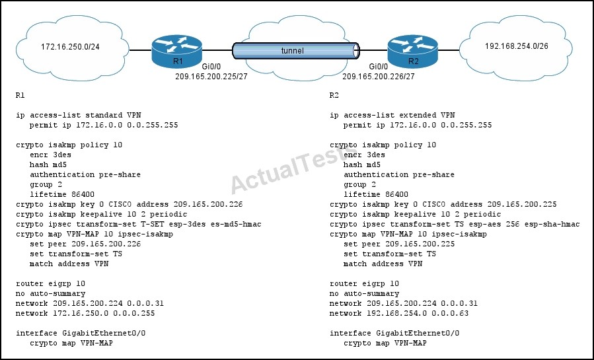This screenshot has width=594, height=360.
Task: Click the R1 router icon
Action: tap(177, 52)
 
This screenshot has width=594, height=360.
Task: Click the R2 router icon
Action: tap(412, 52)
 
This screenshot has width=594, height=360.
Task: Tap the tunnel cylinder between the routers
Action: tap(295, 51)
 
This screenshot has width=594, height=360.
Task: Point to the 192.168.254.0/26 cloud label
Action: tap(516, 46)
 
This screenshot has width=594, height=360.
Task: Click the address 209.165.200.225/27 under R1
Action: tap(211, 77)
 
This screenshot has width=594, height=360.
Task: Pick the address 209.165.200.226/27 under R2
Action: tap(379, 77)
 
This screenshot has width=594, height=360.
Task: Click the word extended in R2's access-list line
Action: tap(417, 115)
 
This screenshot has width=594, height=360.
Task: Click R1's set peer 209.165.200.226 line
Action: tap(85, 244)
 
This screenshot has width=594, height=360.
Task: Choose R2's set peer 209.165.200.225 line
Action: tap(399, 244)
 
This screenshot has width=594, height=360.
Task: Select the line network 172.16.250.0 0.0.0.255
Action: tap(85, 314)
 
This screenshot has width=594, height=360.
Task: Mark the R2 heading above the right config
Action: tap(334, 95)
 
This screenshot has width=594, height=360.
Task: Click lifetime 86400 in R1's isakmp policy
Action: tap(62, 195)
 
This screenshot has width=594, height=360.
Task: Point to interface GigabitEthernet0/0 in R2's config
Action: tap(394, 333)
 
